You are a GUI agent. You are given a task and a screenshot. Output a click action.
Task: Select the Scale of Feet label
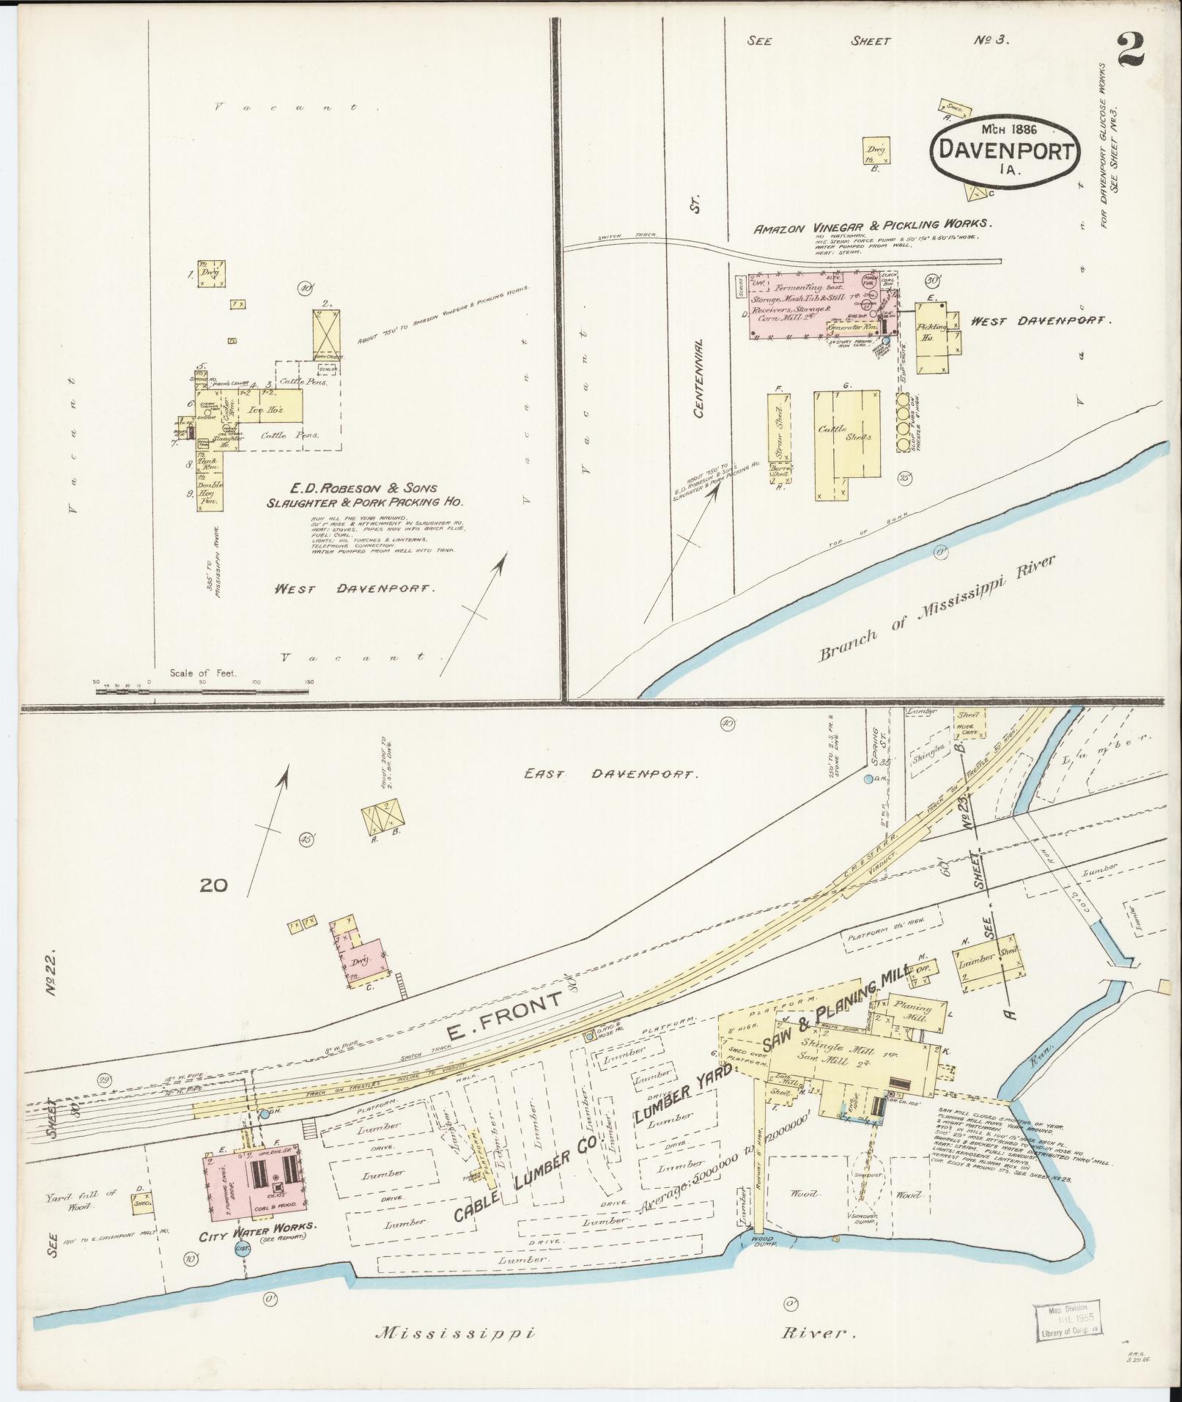[203, 673]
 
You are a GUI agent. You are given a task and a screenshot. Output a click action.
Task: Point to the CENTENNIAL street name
[698, 378]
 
